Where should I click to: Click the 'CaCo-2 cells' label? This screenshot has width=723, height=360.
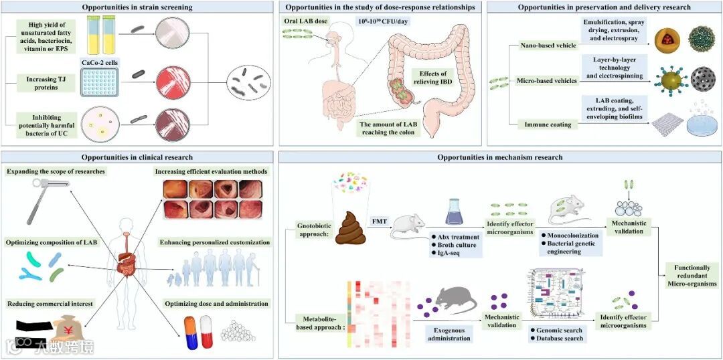tap(100, 62)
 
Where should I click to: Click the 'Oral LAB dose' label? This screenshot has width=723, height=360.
tap(306, 21)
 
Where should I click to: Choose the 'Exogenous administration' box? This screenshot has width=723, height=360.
tap(449, 333)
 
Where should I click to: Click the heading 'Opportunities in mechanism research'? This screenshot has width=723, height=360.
tap(499, 157)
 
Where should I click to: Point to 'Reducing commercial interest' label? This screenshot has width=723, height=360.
tap(50, 304)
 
